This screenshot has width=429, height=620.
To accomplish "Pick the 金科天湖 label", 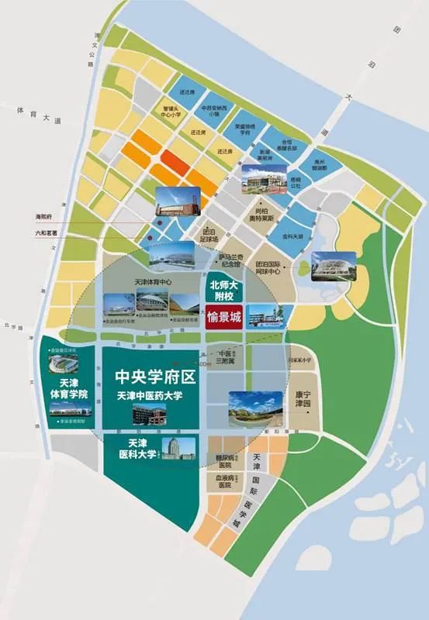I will pos(294,234).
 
